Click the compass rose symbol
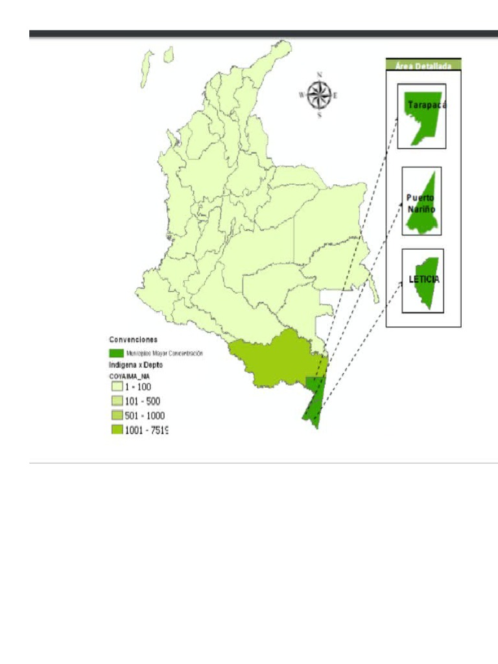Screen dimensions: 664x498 [x=318, y=95]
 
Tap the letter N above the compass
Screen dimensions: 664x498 [x=319, y=75]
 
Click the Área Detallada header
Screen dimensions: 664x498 [x=423, y=65]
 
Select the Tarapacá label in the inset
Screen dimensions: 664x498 [x=427, y=104]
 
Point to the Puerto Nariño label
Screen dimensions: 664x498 [x=421, y=204]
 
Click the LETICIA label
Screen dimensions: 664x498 [x=424, y=279]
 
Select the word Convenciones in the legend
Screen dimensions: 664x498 [x=133, y=339]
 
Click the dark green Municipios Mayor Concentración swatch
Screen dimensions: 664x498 [x=116, y=353]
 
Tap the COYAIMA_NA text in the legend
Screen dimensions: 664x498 [x=129, y=375]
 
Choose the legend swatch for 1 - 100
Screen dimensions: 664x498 [x=116, y=386]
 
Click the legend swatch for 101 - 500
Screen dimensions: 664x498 [x=116, y=401]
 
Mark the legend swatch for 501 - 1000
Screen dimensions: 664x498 [x=116, y=416]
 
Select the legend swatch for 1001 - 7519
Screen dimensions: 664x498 [x=116, y=430]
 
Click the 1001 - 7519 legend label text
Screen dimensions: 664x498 [x=147, y=430]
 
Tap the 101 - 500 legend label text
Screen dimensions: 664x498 [x=142, y=401]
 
